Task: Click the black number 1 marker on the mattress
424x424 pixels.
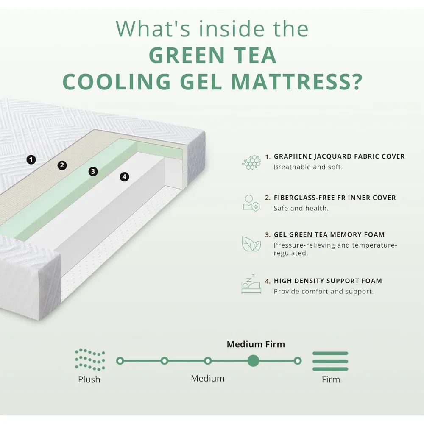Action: tap(31, 159)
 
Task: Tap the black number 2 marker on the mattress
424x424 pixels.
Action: tap(62, 165)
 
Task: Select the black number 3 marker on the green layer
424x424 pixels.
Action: tap(93, 171)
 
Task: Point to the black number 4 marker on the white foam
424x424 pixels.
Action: tap(124, 176)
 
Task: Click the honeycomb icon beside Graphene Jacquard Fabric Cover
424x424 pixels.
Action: tap(251, 162)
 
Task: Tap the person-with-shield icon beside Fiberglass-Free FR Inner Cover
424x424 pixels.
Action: tap(251, 203)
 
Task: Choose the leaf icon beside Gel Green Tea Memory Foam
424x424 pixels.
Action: tap(251, 244)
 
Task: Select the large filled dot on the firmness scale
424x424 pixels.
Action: tap(253, 361)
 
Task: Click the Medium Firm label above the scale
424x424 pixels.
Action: tap(256, 344)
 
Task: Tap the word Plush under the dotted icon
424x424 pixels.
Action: tap(89, 379)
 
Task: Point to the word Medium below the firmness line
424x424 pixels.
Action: tap(208, 378)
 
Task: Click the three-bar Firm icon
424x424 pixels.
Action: tap(330, 361)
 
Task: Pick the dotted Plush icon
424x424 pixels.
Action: tap(89, 360)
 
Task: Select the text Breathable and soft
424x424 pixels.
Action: tap(308, 167)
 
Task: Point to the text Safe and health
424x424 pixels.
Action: tap(301, 208)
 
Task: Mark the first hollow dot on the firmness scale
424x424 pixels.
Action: tap(120, 361)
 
